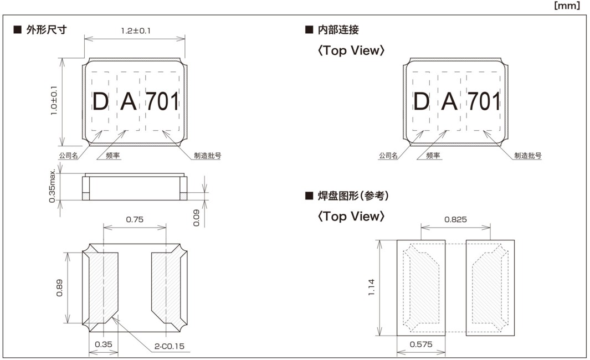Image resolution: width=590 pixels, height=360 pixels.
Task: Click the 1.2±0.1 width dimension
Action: [135, 31]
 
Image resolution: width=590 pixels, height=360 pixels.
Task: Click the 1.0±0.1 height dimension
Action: [53, 100]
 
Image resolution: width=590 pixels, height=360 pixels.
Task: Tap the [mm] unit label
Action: [567, 6]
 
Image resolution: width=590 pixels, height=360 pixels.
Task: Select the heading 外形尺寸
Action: [47, 29]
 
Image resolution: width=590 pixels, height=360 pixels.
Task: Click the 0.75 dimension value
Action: [135, 219]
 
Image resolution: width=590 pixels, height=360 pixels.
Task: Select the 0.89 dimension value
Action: [59, 287]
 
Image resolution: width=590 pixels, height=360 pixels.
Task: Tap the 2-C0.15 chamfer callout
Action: [170, 347]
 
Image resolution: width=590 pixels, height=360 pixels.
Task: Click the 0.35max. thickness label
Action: [52, 184]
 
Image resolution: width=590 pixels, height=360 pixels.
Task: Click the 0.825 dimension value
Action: [455, 219]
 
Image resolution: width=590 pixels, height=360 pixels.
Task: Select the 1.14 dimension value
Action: [371, 287]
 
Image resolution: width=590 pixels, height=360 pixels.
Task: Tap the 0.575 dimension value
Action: [421, 344]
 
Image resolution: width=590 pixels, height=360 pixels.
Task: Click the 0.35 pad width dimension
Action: [104, 344]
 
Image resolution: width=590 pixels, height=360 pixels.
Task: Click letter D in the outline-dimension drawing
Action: [100, 102]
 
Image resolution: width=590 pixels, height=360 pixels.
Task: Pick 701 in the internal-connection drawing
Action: [484, 102]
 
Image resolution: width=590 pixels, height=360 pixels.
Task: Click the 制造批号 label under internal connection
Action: [527, 156]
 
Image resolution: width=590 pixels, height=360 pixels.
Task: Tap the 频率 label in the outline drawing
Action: [113, 156]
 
